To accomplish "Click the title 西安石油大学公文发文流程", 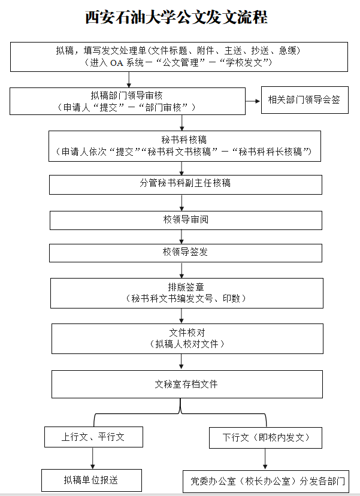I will pos(176,17).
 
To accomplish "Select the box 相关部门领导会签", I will pos(304,100).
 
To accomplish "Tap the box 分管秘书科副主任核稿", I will pos(185,184).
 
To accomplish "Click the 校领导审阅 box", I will pos(186,220).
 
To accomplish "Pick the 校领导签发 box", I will pos(186,252).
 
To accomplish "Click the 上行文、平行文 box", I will pos(93,437).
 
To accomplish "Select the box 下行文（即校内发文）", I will pos(265,437).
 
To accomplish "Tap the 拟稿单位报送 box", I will pos(91,480).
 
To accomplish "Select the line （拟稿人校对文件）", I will pos(186,344).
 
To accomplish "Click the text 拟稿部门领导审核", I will pos(126,95).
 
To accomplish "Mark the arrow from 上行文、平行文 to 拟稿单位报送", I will pos(92,458).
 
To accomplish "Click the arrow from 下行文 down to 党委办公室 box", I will pos(265,459).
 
